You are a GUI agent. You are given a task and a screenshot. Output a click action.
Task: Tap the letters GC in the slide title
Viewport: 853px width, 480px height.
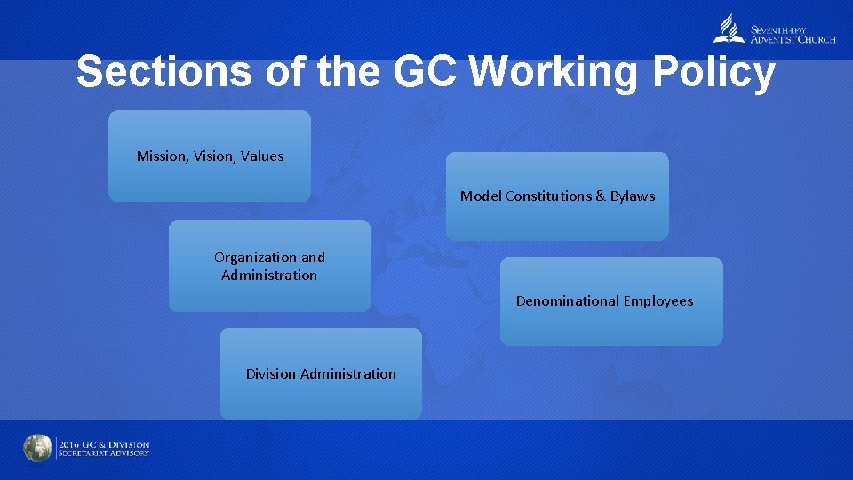tap(425, 72)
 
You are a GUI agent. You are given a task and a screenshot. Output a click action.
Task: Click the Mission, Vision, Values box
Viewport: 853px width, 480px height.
tap(210, 156)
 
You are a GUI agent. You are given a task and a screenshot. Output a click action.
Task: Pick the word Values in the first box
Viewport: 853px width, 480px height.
tap(262, 156)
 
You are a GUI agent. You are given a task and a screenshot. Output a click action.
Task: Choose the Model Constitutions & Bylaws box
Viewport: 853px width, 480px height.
tap(557, 196)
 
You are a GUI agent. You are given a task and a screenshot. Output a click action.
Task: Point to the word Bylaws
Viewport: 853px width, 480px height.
tap(633, 196)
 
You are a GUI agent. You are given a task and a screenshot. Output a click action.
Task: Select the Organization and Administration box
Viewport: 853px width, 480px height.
tap(269, 266)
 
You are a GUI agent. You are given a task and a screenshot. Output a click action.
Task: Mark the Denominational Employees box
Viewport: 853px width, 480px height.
tap(611, 301)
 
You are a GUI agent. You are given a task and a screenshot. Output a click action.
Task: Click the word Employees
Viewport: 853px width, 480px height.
tap(658, 301)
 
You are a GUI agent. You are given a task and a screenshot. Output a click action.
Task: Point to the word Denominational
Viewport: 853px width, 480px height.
tap(567, 301)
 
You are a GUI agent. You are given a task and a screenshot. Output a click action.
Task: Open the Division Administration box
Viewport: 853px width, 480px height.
tap(321, 373)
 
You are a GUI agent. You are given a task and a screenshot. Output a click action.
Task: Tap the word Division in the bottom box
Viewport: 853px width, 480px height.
tap(271, 374)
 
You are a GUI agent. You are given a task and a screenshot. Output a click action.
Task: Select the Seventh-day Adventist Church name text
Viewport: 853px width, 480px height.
tap(793, 34)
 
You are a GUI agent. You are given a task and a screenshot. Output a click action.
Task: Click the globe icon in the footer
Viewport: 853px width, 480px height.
tap(37, 448)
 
